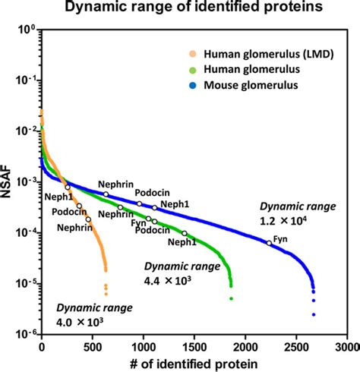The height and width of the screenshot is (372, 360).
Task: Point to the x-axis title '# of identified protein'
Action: [193, 363]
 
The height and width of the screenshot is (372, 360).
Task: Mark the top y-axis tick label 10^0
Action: [24, 30]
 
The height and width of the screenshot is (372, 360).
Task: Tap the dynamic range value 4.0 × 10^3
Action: [80, 321]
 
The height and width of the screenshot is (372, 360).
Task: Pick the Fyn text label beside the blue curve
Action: [280, 238]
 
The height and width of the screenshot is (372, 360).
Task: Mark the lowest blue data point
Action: [313, 314]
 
